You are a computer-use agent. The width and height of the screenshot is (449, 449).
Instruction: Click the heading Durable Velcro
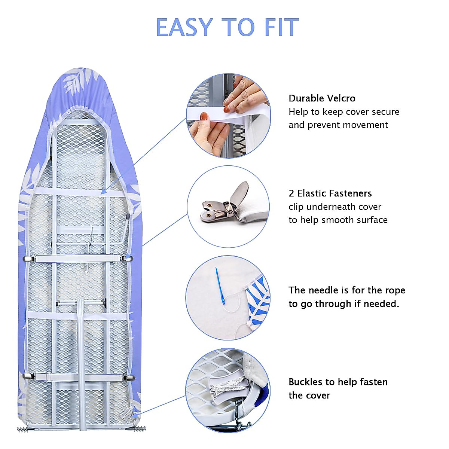coord(322,98)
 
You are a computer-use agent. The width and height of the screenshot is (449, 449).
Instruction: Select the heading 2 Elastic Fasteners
coord(330,193)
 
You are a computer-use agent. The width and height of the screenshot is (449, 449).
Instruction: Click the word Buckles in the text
coord(305,382)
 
